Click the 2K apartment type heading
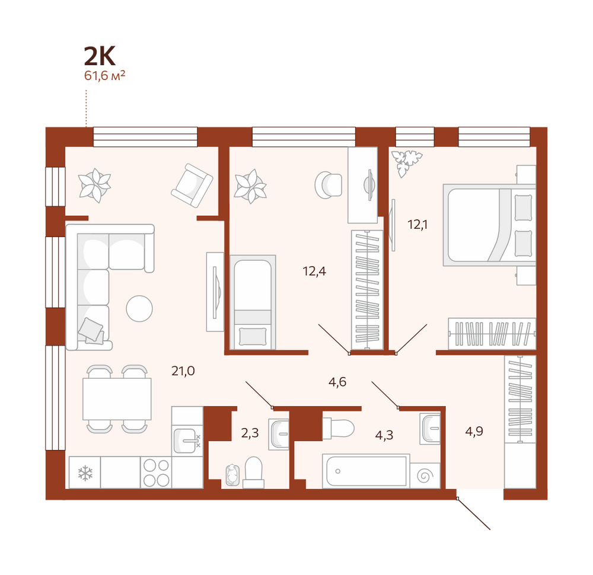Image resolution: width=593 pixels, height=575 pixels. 100,56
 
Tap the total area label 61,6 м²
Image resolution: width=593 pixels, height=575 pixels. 104,76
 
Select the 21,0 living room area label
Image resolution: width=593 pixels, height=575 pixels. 183,371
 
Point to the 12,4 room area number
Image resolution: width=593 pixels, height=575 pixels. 314,271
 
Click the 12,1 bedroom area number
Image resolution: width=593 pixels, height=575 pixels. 417,225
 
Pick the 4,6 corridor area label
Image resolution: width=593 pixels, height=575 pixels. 337,382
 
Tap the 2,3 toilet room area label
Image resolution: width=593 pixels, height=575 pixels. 250,433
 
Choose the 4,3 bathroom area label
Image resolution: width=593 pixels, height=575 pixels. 384,435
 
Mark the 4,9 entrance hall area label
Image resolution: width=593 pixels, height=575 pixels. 474,432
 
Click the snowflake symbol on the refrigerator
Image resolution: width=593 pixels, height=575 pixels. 85,473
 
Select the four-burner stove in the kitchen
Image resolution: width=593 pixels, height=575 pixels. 156,472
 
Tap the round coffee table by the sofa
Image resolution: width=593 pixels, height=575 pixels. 139,308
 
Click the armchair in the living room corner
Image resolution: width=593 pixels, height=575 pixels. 192,185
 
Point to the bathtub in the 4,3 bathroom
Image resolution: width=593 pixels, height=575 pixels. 366,471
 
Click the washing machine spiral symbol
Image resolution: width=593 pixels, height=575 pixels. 425,475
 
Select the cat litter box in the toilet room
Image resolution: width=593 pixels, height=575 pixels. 232,475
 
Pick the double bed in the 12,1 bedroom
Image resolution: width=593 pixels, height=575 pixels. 489,225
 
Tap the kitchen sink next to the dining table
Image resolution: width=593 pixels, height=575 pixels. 187,441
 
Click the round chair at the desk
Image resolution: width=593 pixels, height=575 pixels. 329,185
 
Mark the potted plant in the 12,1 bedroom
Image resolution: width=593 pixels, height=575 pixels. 406,162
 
